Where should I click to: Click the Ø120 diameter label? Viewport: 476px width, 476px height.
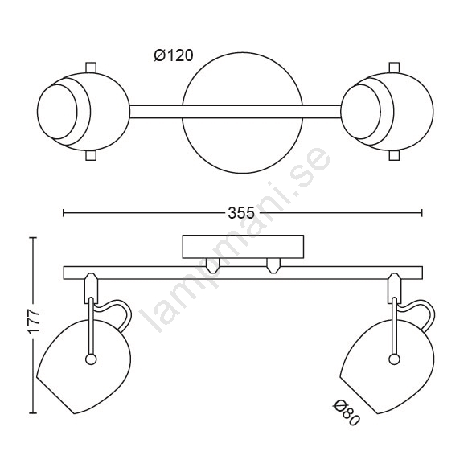point(174,55)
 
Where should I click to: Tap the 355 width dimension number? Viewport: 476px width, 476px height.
point(241,213)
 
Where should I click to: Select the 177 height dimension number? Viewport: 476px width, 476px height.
point(34,322)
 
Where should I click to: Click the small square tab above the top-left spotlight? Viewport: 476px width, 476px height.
point(91,67)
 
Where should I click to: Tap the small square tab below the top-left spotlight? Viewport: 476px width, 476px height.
point(91,155)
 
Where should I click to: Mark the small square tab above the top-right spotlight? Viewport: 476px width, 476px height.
point(394,67)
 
